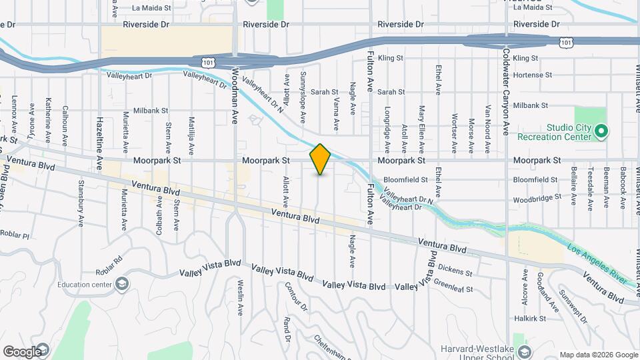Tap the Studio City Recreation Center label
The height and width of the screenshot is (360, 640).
[569, 132]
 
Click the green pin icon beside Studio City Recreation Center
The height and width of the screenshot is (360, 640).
[601, 131]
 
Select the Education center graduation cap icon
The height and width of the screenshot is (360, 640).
[122, 285]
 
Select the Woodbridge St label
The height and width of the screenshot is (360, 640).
[535, 199]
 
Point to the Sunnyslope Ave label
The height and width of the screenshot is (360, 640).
[303, 98]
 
